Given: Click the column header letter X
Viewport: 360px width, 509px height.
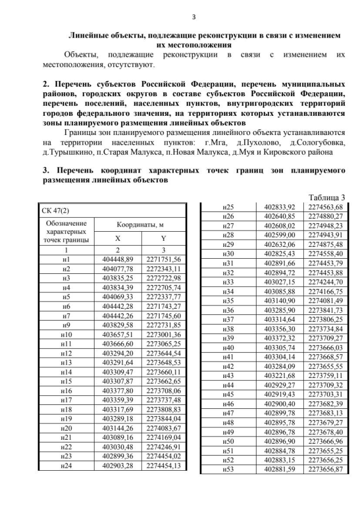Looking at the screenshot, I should click(x=118, y=238).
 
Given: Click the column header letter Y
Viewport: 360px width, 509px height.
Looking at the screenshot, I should click(x=164, y=238).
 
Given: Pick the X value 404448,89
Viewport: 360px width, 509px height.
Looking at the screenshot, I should click(x=118, y=259).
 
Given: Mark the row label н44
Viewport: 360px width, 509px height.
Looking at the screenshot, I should click(x=228, y=385).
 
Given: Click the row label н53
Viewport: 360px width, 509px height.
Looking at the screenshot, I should click(x=228, y=469).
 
